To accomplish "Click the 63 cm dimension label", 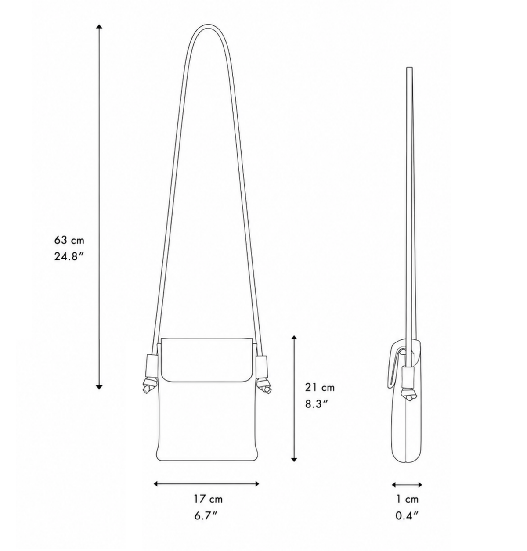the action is (x=69, y=241).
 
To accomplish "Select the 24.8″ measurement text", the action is (x=69, y=257).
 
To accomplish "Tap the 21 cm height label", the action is (x=320, y=387).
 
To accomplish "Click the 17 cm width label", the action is (x=208, y=499).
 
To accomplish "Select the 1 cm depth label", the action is (x=407, y=499).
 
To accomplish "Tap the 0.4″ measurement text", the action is (x=407, y=515).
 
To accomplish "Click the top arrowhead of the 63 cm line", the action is (x=99, y=27).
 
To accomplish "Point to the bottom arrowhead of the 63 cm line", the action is (x=99, y=387).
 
